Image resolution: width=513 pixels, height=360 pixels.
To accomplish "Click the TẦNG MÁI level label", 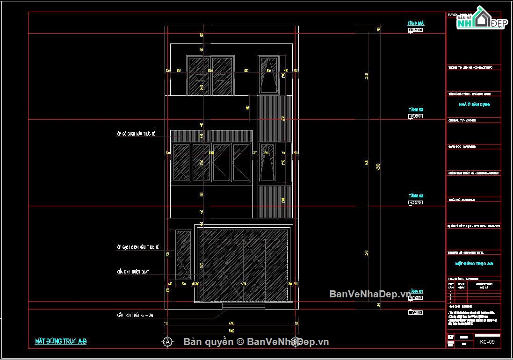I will click(415, 23).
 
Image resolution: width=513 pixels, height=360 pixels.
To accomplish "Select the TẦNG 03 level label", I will click(415, 109).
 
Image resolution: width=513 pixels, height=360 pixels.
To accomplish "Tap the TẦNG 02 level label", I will click(415, 196).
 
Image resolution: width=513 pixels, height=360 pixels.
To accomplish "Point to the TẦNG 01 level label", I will click(415, 291).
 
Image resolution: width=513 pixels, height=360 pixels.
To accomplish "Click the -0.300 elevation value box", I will click(415, 312).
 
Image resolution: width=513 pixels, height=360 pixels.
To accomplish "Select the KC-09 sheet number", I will click(487, 342).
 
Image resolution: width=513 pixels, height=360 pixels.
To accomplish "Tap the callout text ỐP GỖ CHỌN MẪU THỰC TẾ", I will click(136, 134).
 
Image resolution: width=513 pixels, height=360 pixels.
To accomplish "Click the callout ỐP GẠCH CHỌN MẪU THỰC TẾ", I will click(138, 247).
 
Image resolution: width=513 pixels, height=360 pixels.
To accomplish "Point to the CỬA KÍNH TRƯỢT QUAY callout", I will click(133, 272).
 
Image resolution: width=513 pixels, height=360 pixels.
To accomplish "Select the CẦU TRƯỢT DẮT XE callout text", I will click(135, 316).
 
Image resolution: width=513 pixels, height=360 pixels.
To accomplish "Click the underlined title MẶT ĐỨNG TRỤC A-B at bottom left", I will click(61, 341).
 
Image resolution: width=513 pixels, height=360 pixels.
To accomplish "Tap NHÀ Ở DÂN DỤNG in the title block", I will click(474, 105).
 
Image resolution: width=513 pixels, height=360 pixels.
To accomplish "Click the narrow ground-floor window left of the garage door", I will click(183, 255).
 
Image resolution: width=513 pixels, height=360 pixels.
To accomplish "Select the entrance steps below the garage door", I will click(244, 306).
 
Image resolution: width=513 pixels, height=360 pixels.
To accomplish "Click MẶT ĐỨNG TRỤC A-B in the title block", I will click(474, 264).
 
